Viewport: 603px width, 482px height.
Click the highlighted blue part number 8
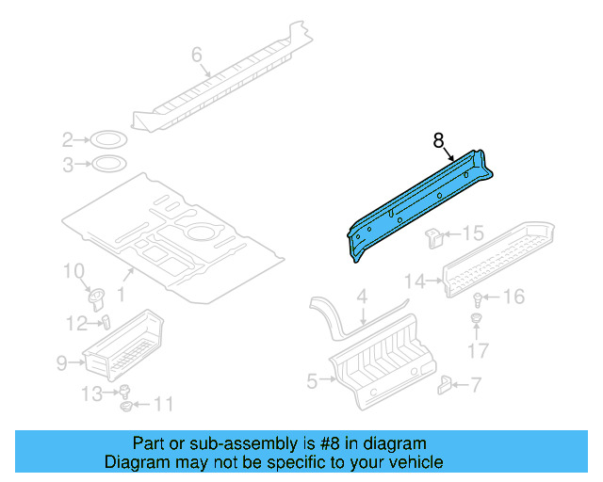click(419, 202)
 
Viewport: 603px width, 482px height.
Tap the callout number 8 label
click(438, 140)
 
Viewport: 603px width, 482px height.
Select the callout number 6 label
click(197, 56)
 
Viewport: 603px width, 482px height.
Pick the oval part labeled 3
click(108, 166)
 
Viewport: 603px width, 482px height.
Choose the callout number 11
click(164, 405)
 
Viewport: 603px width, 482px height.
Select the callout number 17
click(480, 353)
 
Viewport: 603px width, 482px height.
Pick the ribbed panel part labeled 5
click(386, 362)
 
